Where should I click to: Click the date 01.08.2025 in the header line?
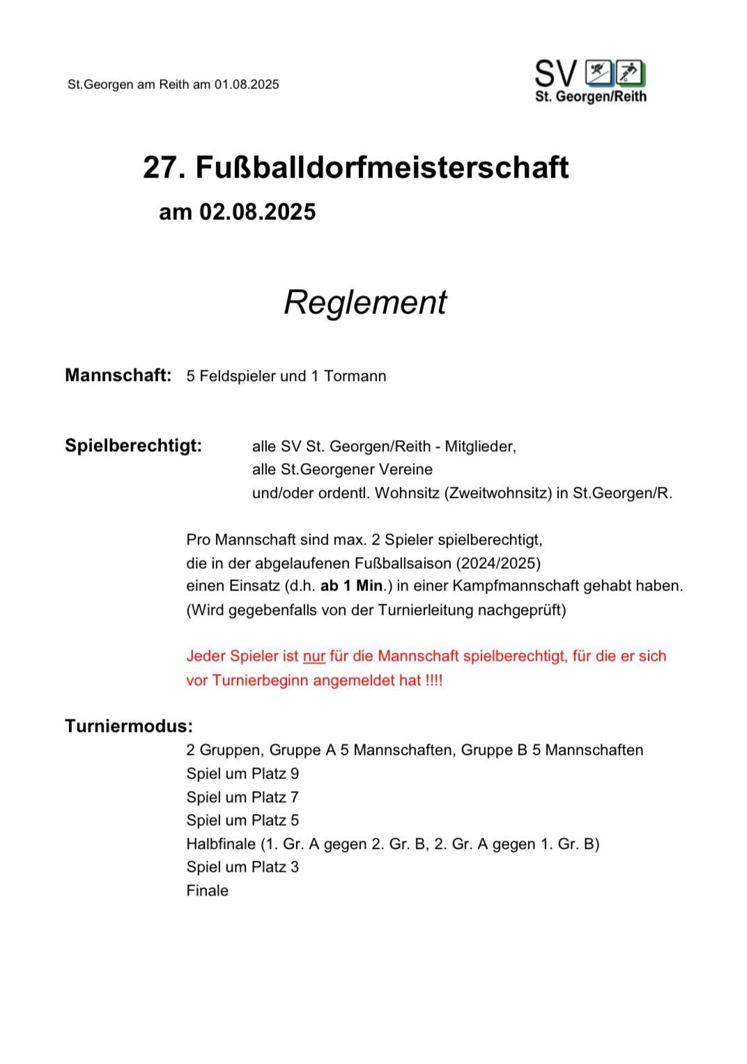(x=247, y=85)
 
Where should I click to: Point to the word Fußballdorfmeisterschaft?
(x=382, y=168)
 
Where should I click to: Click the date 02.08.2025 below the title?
(x=257, y=212)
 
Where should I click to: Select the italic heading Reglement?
(x=364, y=302)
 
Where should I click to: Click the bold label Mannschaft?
(x=118, y=376)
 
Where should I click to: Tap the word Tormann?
(x=355, y=377)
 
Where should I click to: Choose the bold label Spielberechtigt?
(x=133, y=446)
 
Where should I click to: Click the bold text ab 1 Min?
(x=353, y=586)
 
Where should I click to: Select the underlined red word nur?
(x=314, y=656)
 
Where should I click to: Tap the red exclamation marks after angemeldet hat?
(x=433, y=680)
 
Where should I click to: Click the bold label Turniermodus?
(x=129, y=726)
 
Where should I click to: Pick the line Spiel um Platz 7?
(x=242, y=797)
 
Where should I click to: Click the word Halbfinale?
(x=221, y=844)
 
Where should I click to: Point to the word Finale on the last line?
(x=207, y=891)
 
